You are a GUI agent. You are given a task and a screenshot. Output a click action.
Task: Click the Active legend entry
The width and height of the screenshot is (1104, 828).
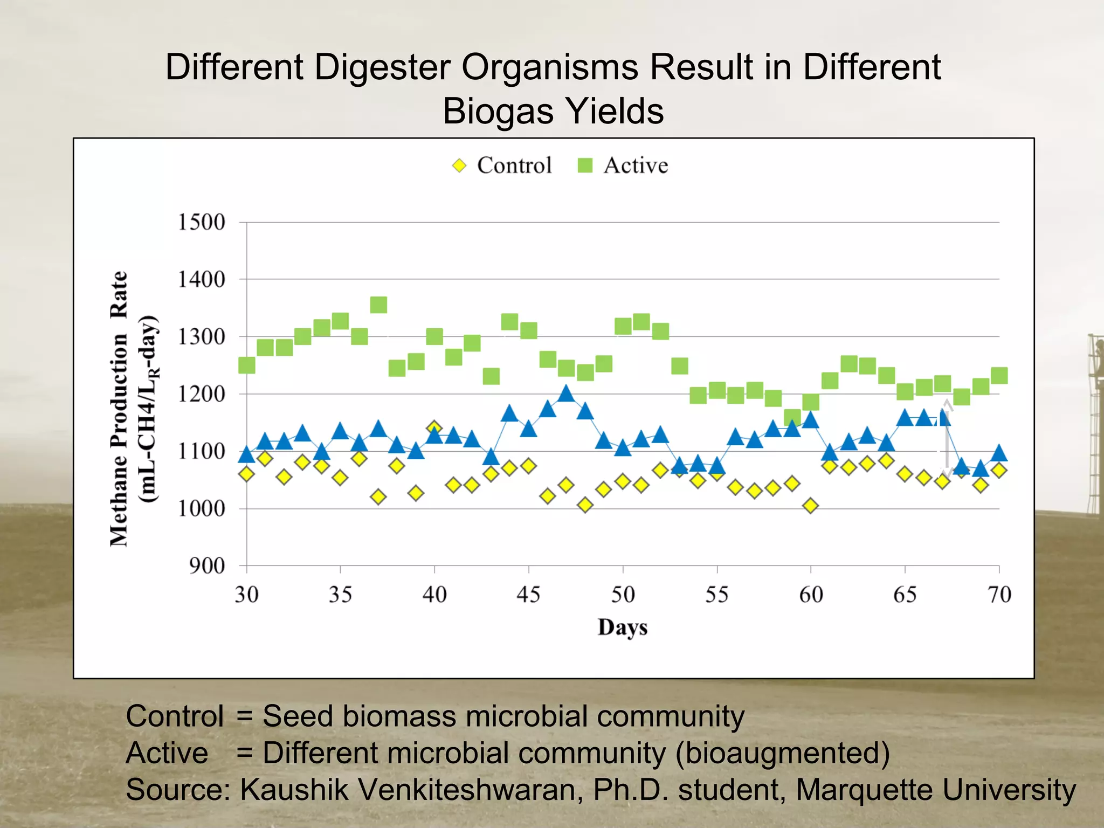point(623,165)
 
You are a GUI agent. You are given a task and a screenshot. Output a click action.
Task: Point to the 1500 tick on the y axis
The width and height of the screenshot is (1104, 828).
point(201,222)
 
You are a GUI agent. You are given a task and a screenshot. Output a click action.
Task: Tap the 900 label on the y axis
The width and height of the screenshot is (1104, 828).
point(206,566)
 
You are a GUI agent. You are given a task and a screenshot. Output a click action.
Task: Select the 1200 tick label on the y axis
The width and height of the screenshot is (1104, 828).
point(201,394)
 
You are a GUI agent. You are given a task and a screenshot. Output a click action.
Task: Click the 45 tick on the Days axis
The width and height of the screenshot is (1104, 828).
point(528,595)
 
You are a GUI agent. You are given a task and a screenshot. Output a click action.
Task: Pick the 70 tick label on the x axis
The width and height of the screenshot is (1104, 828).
point(999,595)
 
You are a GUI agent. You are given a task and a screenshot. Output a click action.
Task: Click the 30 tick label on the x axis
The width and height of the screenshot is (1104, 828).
point(246,595)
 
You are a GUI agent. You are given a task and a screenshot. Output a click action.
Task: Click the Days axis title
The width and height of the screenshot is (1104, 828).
point(622,627)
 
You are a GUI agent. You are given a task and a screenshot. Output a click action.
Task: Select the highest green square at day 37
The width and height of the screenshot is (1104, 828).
point(378,305)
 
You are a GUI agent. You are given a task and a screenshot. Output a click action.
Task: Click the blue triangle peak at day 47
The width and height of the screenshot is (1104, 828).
point(565,394)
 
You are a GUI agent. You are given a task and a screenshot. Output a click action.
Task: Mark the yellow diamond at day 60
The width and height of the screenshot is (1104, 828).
point(810,506)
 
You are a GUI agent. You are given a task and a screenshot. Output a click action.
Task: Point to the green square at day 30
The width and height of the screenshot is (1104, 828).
point(246,365)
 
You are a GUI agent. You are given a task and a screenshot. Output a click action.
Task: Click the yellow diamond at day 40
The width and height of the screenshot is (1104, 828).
point(434,429)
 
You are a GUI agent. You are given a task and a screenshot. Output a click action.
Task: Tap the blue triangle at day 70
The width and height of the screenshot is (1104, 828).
point(999,453)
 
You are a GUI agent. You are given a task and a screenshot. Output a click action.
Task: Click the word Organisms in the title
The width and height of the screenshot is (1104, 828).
point(549,67)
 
